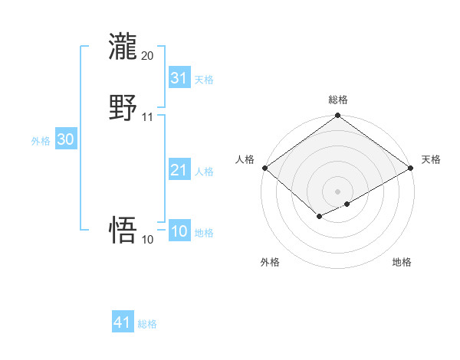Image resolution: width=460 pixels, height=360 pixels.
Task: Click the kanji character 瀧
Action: pos(123,47)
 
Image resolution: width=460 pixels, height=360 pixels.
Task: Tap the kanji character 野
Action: pos(123,108)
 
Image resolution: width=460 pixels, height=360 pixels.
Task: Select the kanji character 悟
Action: pos(123,230)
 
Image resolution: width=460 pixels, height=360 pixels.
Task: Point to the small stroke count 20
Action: pos(147,56)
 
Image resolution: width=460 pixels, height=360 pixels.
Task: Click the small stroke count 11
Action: pos(147,117)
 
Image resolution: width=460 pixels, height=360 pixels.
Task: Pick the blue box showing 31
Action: pos(179,78)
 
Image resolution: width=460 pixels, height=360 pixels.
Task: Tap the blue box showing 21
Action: pos(179,170)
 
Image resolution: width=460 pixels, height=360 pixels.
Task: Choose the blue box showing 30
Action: pos(65,139)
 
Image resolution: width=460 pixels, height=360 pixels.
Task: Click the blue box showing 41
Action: pos(123,322)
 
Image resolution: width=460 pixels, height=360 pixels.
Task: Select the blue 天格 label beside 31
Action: pos(204,80)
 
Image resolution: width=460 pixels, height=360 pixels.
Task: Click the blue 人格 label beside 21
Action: pos(204,172)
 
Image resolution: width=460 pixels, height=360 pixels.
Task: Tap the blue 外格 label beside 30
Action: pos(41,141)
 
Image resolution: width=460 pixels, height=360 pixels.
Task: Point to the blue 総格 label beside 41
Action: pos(147,324)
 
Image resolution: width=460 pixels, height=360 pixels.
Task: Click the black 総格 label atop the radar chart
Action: pos(338,100)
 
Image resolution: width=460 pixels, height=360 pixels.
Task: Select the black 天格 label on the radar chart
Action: pos(431,159)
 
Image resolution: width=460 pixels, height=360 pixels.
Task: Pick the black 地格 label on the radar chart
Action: pos(402,262)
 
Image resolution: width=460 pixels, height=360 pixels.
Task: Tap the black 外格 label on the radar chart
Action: pos(270,262)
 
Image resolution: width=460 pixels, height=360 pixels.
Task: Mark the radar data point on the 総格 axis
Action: pos(338,116)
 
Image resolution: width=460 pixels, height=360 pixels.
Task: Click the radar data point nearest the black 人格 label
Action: pos(264,168)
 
